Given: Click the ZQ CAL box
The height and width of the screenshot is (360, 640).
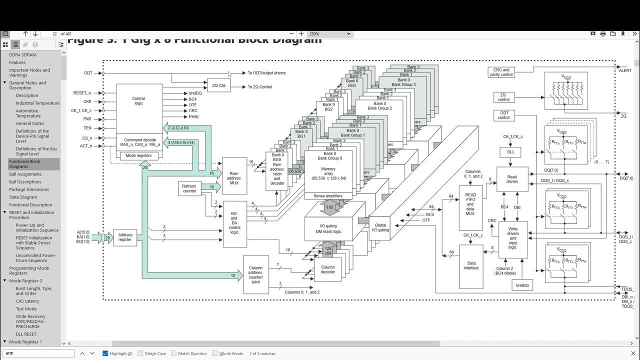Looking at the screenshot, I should point(219,85).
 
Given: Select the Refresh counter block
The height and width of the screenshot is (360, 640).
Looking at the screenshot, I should point(189,188).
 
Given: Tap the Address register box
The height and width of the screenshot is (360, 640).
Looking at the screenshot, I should point(125,237).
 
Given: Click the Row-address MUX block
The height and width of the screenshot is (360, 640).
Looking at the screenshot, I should point(234,176).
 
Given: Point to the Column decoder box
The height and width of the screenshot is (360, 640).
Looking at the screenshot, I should point(328,269).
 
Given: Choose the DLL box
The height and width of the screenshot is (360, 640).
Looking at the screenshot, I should point(510,152).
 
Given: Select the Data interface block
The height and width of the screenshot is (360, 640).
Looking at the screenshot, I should point(471,266).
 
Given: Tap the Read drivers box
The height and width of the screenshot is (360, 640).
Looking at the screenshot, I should point(512,179).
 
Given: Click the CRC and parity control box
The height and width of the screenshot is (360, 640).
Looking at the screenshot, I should point(501,72).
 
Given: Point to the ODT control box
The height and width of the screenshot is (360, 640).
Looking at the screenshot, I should point(503,115).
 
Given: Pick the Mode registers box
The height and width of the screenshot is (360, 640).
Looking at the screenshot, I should point(139,155).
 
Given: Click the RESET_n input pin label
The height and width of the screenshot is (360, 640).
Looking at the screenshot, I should point(82,93).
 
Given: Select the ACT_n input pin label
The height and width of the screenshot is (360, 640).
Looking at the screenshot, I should point(86,146).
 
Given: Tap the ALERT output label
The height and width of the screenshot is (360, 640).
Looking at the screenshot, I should point(625,71).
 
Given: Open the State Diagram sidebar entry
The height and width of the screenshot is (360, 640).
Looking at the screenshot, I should point(23,197).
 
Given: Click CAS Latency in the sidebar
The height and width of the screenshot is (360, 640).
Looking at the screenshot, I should point(27,301).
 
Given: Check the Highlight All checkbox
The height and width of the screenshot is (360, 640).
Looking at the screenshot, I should point(105,353).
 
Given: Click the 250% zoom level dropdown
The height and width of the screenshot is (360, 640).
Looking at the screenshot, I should point(329,34).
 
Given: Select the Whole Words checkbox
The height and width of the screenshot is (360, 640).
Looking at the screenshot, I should point(214,353).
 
